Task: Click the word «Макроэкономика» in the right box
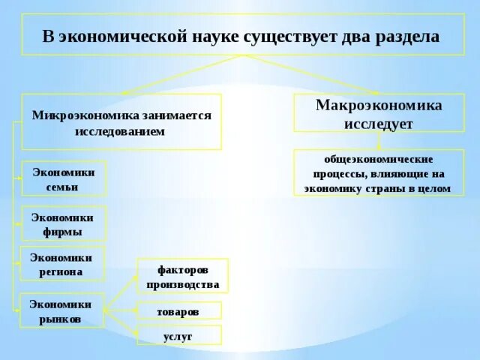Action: (x=379, y=105)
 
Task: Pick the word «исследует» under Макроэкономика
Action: (x=379, y=123)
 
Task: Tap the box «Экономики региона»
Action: (x=61, y=264)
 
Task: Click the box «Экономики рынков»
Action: (x=61, y=310)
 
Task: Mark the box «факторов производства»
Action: (x=182, y=276)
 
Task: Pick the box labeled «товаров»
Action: (x=178, y=310)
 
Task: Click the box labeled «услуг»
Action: (x=178, y=336)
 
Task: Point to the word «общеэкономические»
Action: (x=379, y=160)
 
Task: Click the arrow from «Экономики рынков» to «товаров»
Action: (x=120, y=310)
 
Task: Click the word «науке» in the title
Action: (x=212, y=36)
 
